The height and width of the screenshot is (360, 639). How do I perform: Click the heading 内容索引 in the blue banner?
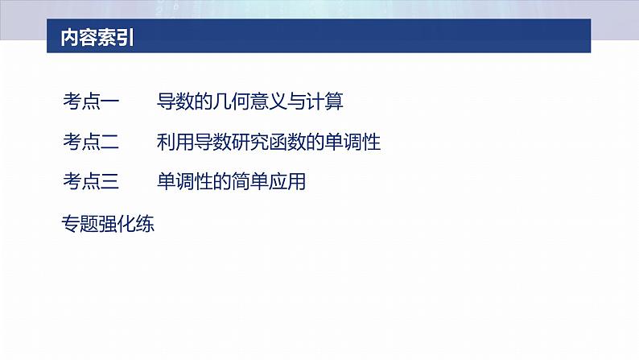97,39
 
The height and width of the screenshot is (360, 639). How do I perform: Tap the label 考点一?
91,101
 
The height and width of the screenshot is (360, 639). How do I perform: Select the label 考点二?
91,143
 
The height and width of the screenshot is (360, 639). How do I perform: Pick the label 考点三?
91,183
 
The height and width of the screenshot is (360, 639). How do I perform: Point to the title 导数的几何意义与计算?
250,101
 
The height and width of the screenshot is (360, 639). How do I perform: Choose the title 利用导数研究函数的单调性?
269,143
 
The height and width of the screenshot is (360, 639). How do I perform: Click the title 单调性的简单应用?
232,183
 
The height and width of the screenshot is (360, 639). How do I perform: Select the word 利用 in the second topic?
176,143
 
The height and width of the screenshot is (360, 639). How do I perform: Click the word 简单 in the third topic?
250,183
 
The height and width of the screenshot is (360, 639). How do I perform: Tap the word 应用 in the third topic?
287,183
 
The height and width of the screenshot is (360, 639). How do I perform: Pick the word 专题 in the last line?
80,225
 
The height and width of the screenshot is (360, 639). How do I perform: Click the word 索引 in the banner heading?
115,39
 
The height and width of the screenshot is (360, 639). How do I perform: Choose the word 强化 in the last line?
117,225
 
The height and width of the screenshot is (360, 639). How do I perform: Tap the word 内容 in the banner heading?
78,39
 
